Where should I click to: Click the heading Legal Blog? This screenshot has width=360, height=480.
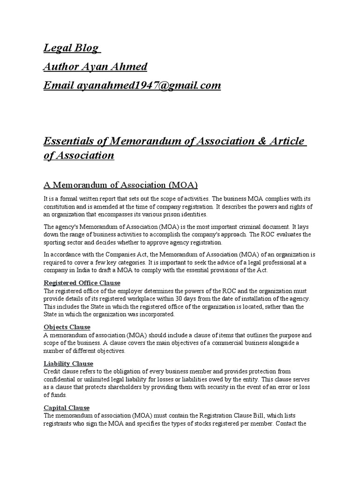coord(71,48)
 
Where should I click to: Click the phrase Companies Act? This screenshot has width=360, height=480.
coord(116,255)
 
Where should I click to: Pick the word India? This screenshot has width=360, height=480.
coord(93,270)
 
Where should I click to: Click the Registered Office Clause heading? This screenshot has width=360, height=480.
coord(82,283)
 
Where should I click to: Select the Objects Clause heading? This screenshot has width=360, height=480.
coord(67,327)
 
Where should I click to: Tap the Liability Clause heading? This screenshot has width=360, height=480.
coord(68,363)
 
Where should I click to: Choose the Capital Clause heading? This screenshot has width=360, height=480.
coord(67,407)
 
